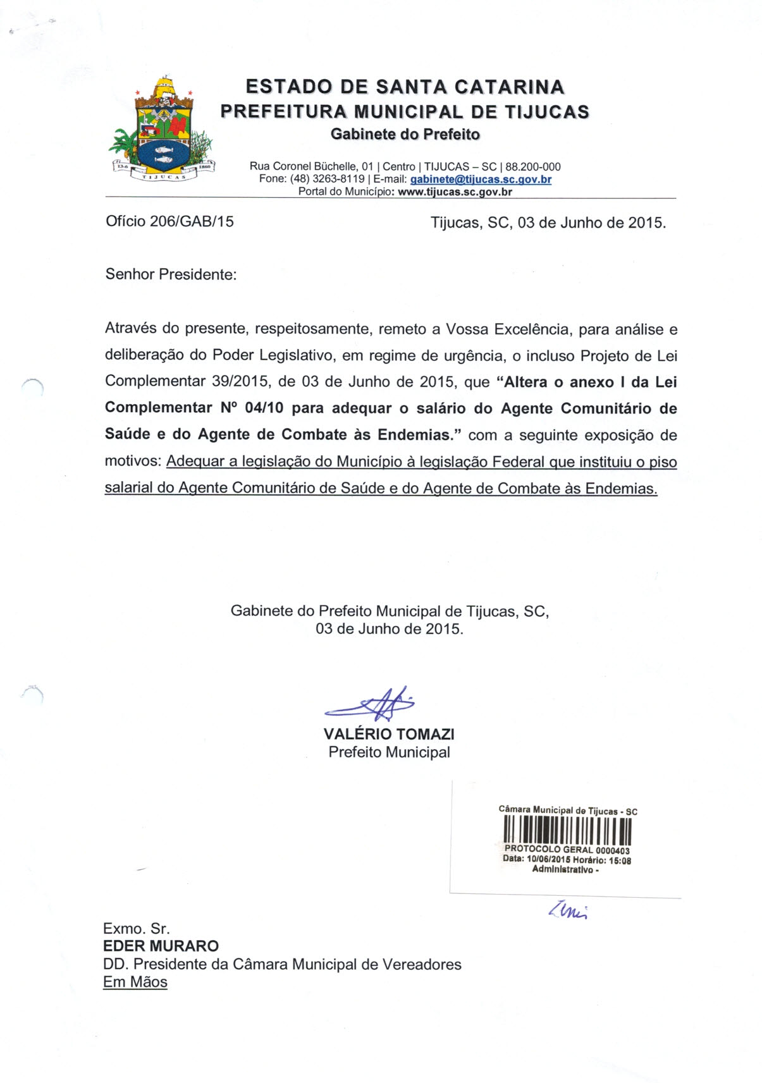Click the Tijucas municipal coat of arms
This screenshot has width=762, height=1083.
[163, 130]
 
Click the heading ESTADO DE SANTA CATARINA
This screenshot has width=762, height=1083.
[405, 87]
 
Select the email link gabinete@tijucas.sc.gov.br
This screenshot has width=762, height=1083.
[481, 180]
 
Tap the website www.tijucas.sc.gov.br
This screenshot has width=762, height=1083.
[455, 192]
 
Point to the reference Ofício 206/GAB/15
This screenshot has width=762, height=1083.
[169, 221]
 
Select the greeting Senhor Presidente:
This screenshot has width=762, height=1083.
[171, 274]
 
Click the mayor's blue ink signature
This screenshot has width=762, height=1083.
[373, 704]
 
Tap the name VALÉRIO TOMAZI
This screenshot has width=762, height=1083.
[389, 734]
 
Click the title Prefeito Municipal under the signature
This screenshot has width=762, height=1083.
[389, 752]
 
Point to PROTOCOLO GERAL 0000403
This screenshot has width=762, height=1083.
[567, 850]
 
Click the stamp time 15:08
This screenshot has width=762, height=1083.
[620, 860]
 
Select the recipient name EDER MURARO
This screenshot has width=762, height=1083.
[161, 946]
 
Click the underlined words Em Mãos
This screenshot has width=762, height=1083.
[135, 982]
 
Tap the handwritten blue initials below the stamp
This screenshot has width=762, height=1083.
[567, 910]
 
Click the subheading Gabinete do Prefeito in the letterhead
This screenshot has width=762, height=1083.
[405, 134]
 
